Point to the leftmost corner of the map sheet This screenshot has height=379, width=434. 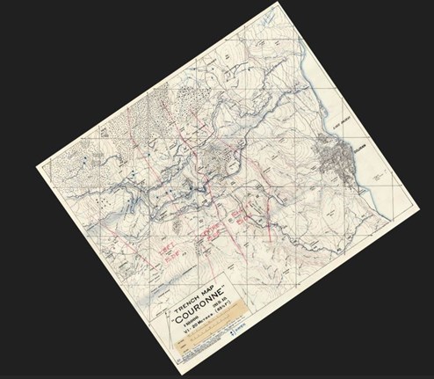coord(36,164)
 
